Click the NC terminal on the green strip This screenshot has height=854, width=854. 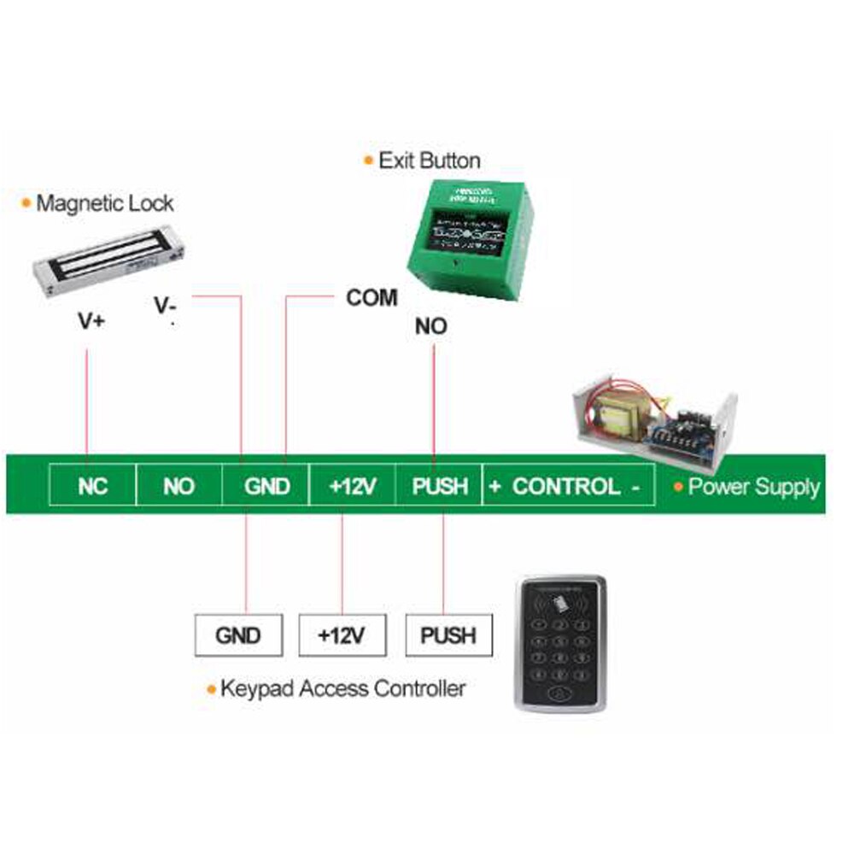click(92, 487)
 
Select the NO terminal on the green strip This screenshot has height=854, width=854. click(178, 487)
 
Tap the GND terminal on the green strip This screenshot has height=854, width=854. click(266, 487)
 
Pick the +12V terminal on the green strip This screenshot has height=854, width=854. click(353, 487)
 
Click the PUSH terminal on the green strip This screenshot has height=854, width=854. click(440, 487)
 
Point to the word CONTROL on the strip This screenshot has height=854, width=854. click(566, 487)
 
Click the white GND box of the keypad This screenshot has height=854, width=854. click(237, 635)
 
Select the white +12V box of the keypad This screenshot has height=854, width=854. click(342, 635)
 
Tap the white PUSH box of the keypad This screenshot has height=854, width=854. click(448, 635)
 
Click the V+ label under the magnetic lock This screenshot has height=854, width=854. click(91, 321)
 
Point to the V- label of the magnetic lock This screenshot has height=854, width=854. click(166, 305)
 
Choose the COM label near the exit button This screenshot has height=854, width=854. click(371, 298)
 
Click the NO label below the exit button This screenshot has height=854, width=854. click(430, 326)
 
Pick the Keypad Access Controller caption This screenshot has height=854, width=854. click(342, 688)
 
